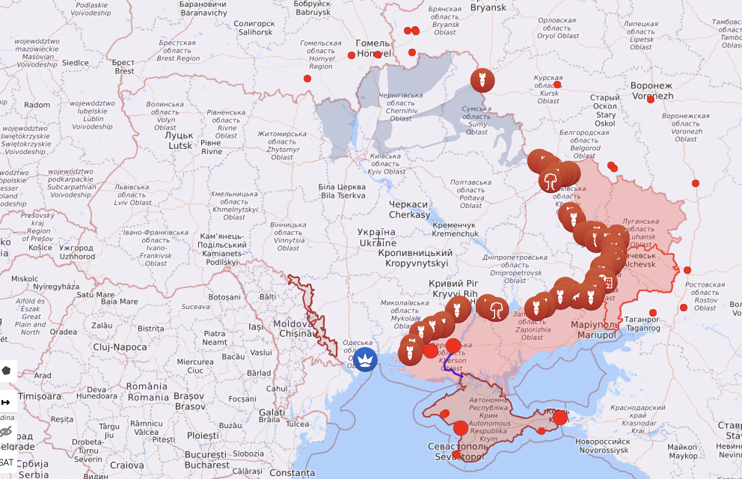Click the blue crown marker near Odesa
(x=365, y=359)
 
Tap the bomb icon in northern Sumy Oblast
(x=482, y=80)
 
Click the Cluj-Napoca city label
(x=120, y=347)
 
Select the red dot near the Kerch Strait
(x=560, y=417)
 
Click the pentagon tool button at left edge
(x=6, y=371)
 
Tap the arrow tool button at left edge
(x=6, y=402)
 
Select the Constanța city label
(x=292, y=473)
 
